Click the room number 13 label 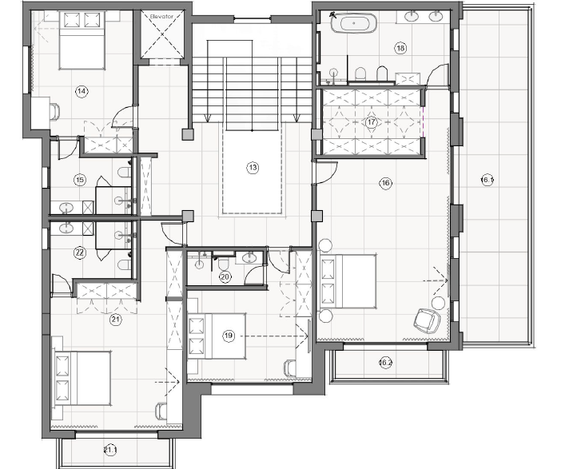253,168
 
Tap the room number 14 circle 81,91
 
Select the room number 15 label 79,179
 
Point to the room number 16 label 386,183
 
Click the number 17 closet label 371,122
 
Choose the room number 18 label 400,48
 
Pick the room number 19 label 229,336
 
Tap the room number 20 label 225,277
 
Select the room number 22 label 79,252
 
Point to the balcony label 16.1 487,179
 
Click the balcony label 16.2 385,363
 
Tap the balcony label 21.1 109,451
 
